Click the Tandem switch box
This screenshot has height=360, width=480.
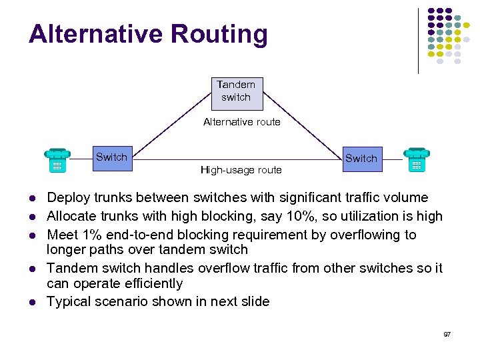pyautogui.click(x=235, y=93)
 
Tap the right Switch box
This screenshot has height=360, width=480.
pyautogui.click(x=361, y=159)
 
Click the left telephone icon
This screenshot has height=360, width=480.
pyautogui.click(x=57, y=161)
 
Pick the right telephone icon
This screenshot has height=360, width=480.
pyautogui.click(x=417, y=160)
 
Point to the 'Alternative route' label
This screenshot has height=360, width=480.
pyautogui.click(x=241, y=122)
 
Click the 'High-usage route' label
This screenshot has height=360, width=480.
pyautogui.click(x=241, y=170)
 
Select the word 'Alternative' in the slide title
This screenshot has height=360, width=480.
pyautogui.click(x=93, y=34)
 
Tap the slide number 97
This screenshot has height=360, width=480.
pyautogui.click(x=447, y=333)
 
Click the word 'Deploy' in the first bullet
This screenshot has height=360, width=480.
pyautogui.click(x=67, y=197)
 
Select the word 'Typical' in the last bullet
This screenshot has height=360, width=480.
pyautogui.click(x=68, y=301)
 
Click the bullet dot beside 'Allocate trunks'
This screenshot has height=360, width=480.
pyautogui.click(x=31, y=217)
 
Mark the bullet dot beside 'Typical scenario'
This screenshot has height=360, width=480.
pyautogui.click(x=31, y=302)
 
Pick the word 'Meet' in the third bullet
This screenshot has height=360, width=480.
pyautogui.click(x=61, y=235)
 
